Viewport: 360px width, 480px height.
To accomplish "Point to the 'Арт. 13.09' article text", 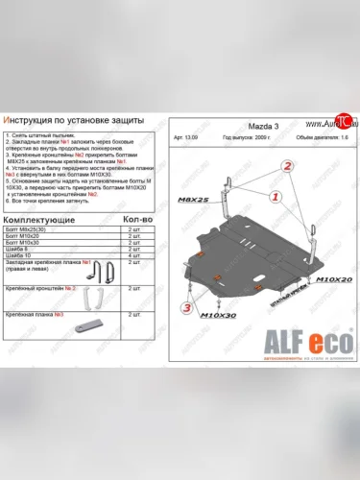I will (x=190, y=139).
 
